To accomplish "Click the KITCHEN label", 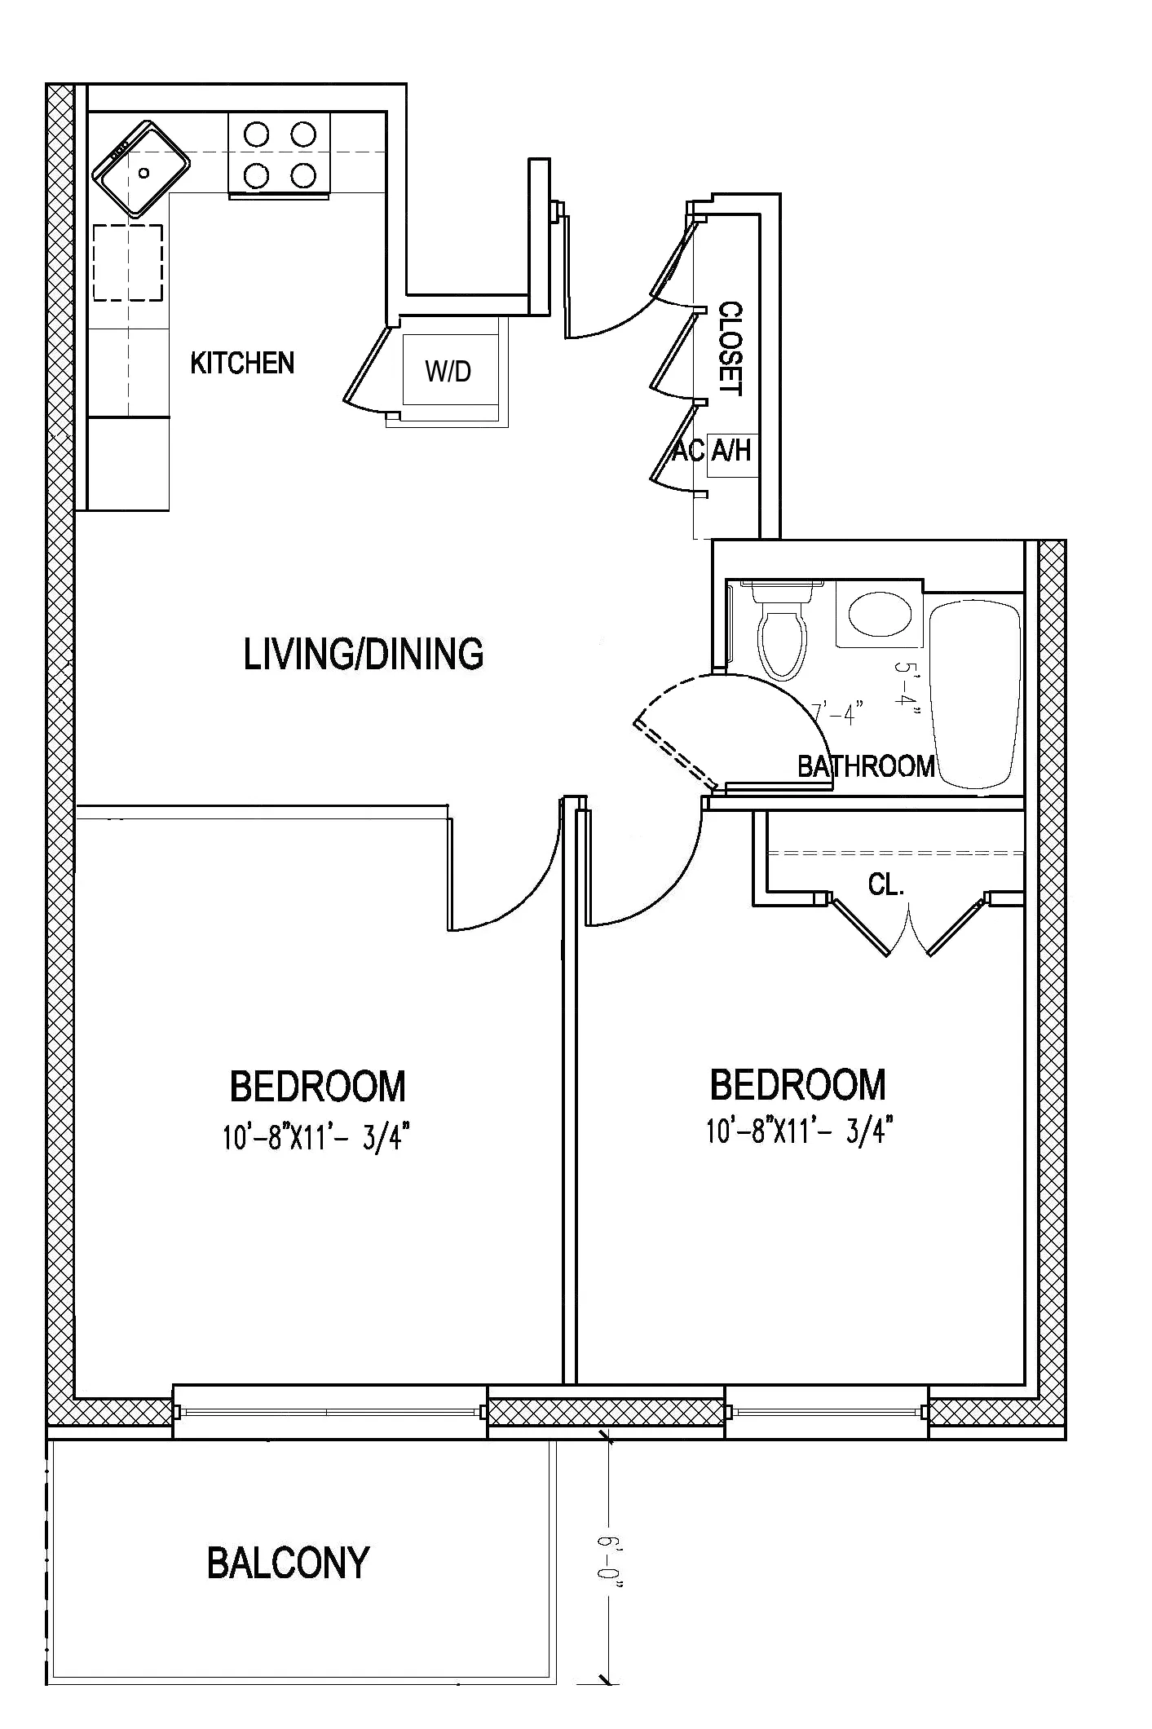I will click(x=242, y=363).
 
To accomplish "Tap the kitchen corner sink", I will click(x=141, y=169).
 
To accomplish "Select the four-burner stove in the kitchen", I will click(x=280, y=154).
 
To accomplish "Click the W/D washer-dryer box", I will click(x=448, y=371).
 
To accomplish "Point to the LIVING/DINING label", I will click(x=364, y=655).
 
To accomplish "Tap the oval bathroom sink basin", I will click(x=880, y=613).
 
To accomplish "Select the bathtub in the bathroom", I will click(x=976, y=692).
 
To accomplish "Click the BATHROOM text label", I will click(x=866, y=766).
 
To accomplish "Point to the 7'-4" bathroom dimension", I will click(x=837, y=715).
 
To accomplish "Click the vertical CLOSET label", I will click(x=730, y=349).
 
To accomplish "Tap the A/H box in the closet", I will click(x=731, y=449).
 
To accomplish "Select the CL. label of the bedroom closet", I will click(x=886, y=885).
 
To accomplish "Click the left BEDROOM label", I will click(x=317, y=1087).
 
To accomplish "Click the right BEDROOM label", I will click(x=797, y=1085).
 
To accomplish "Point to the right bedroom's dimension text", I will click(x=799, y=1131).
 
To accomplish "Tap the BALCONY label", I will click(x=289, y=1564).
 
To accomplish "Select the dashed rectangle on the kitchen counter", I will click(x=128, y=262).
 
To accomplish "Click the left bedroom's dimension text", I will click(x=316, y=1136).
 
